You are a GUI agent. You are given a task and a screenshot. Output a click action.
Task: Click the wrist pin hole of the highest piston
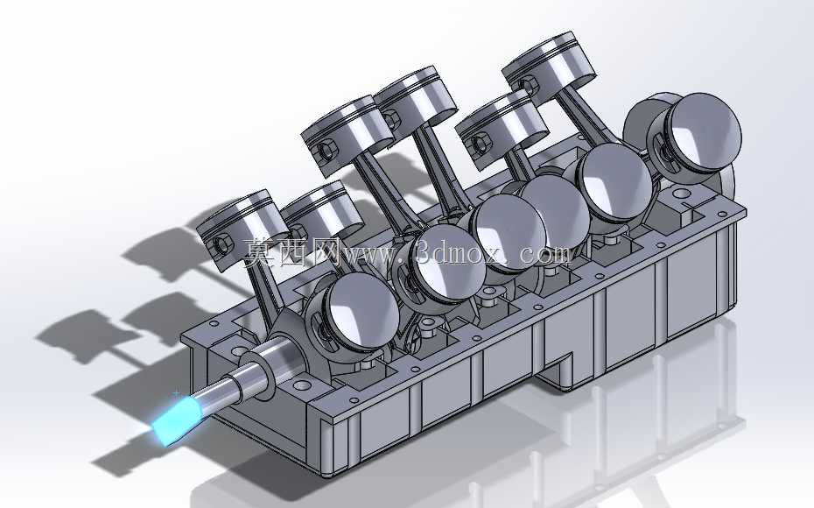tap(529, 84)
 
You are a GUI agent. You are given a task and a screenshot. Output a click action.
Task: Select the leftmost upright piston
tap(242, 228)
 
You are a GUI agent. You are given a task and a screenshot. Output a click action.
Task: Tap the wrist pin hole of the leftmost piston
tap(222, 244)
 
